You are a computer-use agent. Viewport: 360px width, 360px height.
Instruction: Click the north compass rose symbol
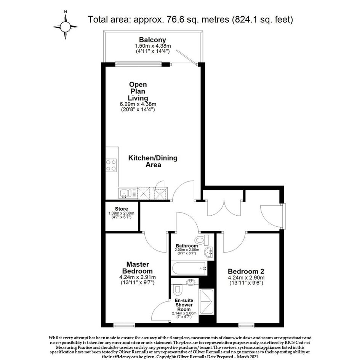[65, 27]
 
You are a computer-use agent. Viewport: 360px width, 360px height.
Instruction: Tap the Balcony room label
[152, 40]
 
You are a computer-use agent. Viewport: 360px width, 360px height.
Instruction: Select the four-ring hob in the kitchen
[111, 165]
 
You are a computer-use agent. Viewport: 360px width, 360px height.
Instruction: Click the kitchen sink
[125, 193]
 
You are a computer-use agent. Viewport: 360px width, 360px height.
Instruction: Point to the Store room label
[122, 209]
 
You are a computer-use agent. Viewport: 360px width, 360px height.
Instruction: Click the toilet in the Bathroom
[202, 240]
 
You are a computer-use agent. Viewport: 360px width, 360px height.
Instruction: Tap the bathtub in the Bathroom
[189, 268]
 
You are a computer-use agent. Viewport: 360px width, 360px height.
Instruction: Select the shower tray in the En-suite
[206, 302]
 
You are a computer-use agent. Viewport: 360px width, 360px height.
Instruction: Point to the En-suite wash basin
[190, 282]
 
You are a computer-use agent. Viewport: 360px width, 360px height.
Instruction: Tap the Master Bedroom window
[124, 325]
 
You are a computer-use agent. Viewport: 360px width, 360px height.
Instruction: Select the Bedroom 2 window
[246, 325]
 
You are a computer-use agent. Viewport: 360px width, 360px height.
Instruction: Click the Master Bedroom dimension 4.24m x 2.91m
[138, 277]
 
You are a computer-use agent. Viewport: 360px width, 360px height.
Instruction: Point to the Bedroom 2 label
[246, 271]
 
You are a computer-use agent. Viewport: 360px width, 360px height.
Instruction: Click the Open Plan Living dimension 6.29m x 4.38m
[138, 104]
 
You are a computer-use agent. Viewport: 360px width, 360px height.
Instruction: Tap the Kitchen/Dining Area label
[153, 161]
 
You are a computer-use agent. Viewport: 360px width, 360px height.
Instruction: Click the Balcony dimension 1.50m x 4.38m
[153, 46]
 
